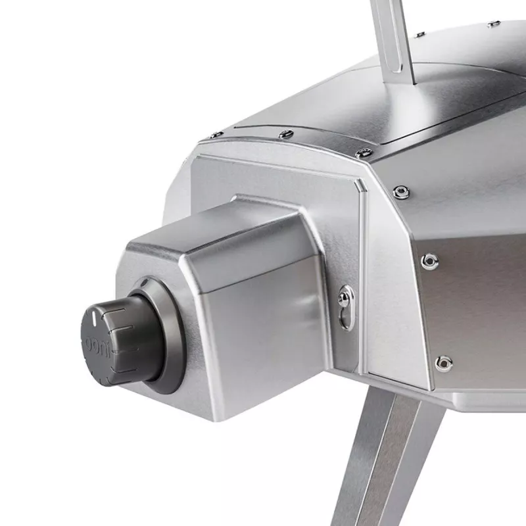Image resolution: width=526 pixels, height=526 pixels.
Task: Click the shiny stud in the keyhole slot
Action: click(x=345, y=297)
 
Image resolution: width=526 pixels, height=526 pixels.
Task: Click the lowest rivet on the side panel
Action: click(x=443, y=364)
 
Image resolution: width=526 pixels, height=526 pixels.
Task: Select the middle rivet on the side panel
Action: click(x=430, y=260)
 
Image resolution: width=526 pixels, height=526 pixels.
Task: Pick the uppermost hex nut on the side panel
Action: click(x=401, y=192)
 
